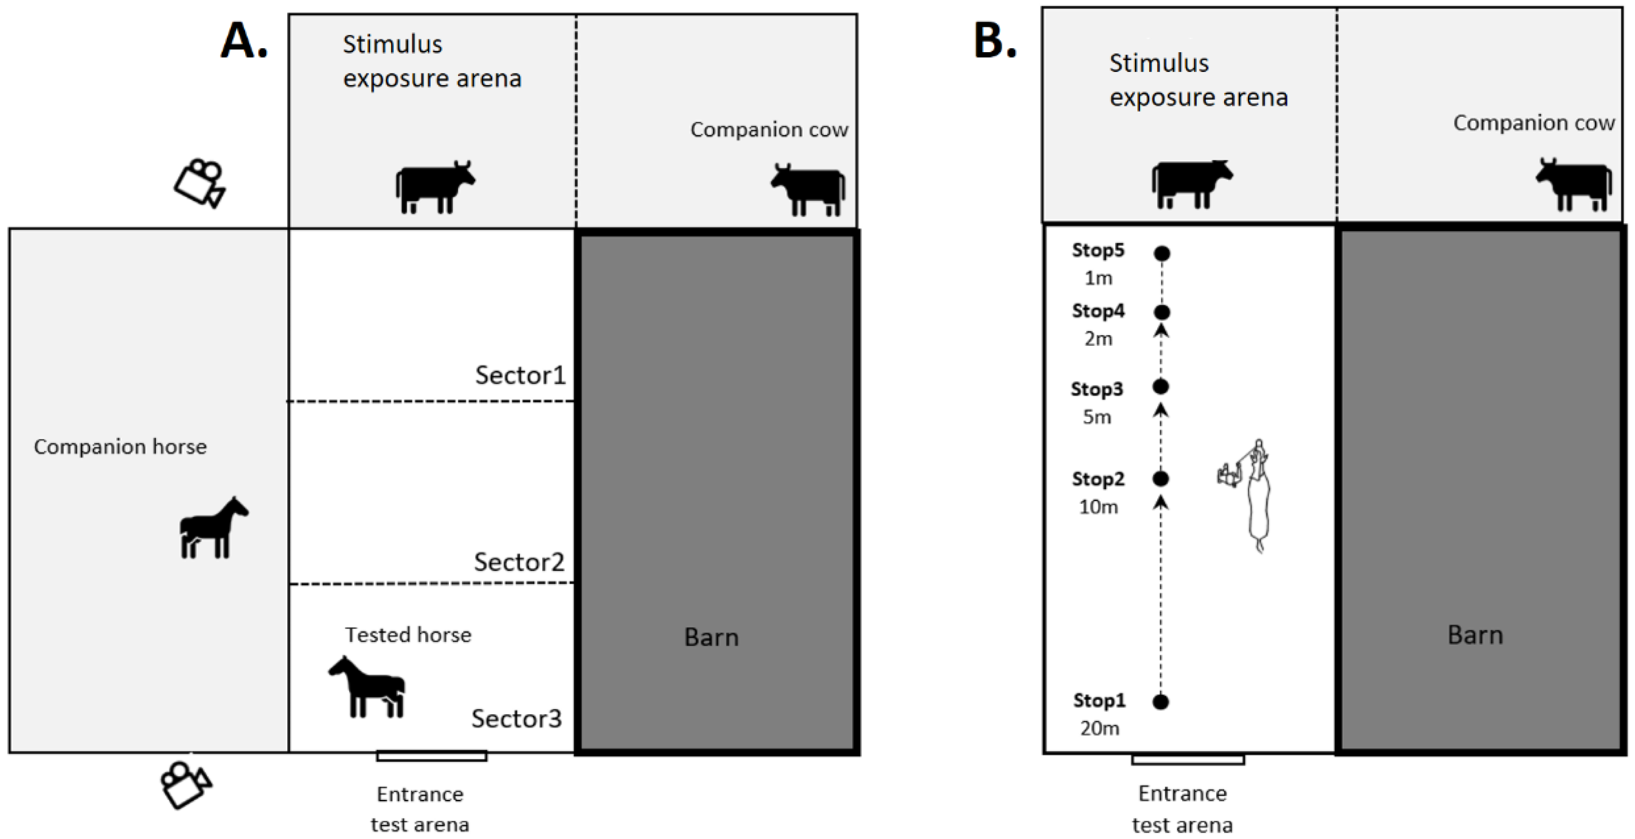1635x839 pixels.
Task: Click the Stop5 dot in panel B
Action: [1161, 254]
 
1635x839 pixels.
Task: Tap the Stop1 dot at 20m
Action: [1161, 701]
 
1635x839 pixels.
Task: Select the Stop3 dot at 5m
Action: [1161, 386]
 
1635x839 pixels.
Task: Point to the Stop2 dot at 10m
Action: [1161, 479]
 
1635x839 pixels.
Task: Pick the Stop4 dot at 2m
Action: [1161, 312]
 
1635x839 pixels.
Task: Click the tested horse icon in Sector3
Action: [367, 687]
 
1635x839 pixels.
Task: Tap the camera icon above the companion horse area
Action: [200, 183]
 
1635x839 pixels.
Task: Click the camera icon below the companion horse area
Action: [185, 784]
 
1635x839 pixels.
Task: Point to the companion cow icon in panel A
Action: [809, 189]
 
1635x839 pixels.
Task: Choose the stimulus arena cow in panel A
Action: [435, 187]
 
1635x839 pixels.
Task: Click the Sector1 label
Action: [520, 375]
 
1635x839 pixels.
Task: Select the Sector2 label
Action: [518, 562]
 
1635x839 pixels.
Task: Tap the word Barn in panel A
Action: [711, 637]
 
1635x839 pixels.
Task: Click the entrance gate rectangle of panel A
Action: [432, 756]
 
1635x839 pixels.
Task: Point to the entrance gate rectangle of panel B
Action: [1188, 759]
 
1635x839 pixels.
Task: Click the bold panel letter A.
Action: [244, 41]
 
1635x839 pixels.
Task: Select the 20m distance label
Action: [1099, 728]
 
